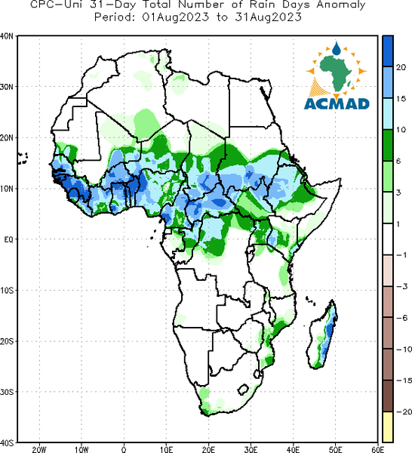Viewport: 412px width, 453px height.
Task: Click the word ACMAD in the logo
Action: [x=337, y=103]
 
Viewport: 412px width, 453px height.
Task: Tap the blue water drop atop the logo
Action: [x=337, y=48]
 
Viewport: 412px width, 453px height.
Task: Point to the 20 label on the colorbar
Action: [x=401, y=67]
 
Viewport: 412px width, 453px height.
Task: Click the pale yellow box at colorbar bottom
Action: [x=388, y=427]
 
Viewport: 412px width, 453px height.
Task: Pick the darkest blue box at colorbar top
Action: [x=388, y=51]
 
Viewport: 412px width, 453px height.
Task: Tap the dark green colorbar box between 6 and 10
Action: [x=388, y=145]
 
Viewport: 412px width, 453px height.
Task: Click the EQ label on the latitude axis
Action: [x=8, y=239]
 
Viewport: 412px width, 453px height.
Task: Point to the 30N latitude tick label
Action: [x=7, y=87]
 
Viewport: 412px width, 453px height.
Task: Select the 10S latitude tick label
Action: [x=7, y=291]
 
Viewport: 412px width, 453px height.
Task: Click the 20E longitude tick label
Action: [x=208, y=449]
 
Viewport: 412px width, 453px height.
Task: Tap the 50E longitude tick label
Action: [x=335, y=449]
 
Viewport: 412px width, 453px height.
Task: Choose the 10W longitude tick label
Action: [x=81, y=449]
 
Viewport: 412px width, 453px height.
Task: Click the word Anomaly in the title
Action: [x=341, y=5]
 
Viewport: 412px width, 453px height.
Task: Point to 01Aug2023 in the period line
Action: [x=176, y=17]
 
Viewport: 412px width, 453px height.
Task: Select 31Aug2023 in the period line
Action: [x=268, y=17]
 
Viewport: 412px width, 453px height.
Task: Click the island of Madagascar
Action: [x=324, y=335]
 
